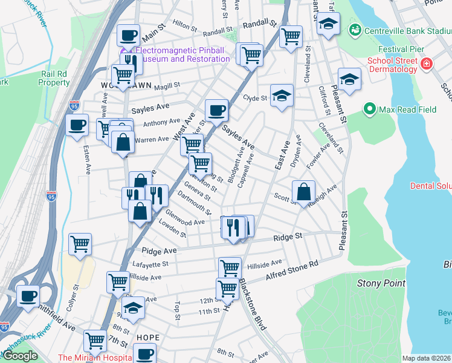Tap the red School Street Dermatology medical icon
tap(426, 63)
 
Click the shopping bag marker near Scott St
tap(303, 192)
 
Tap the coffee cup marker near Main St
tap(128, 35)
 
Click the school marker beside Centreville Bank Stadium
tap(329, 24)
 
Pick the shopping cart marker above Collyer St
tap(80, 244)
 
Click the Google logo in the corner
tap(20, 356)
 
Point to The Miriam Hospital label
tap(94, 358)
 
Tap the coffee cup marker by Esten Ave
tap(77, 125)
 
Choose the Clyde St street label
tap(254, 97)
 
